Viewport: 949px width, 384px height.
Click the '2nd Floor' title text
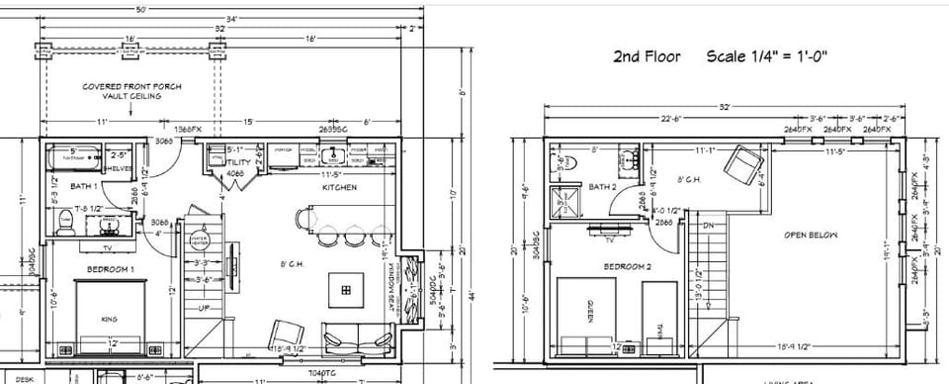647,56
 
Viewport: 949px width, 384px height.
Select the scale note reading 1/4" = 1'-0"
765,56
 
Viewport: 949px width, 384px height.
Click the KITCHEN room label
338,187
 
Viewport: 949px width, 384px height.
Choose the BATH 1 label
82,186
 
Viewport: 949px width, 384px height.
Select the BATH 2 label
603,186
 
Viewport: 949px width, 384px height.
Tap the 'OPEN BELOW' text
810,236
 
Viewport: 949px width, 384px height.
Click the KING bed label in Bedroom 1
110,319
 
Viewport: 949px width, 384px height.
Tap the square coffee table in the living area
345,290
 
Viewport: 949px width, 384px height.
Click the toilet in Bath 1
65,226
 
